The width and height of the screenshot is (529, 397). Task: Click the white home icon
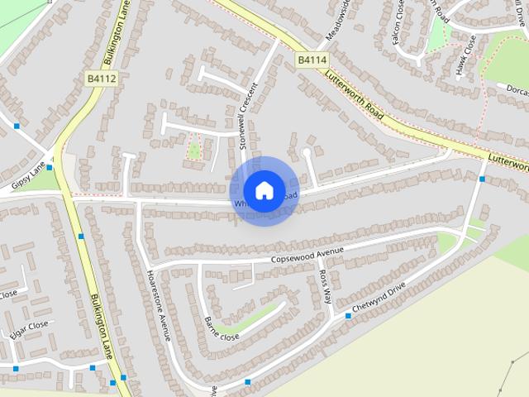[264, 190]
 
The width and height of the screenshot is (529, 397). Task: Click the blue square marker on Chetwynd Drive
[348, 316]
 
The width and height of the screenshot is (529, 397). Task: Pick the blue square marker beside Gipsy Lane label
[50, 167]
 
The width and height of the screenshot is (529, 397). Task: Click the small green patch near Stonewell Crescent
[194, 150]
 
